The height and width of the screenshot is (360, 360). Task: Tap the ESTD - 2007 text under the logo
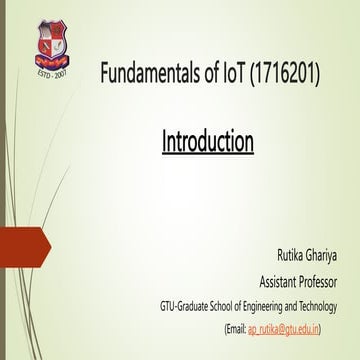coord(56,73)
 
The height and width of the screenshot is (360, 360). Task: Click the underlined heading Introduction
coord(207,141)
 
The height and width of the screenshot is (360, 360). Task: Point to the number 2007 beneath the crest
coord(65,73)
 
